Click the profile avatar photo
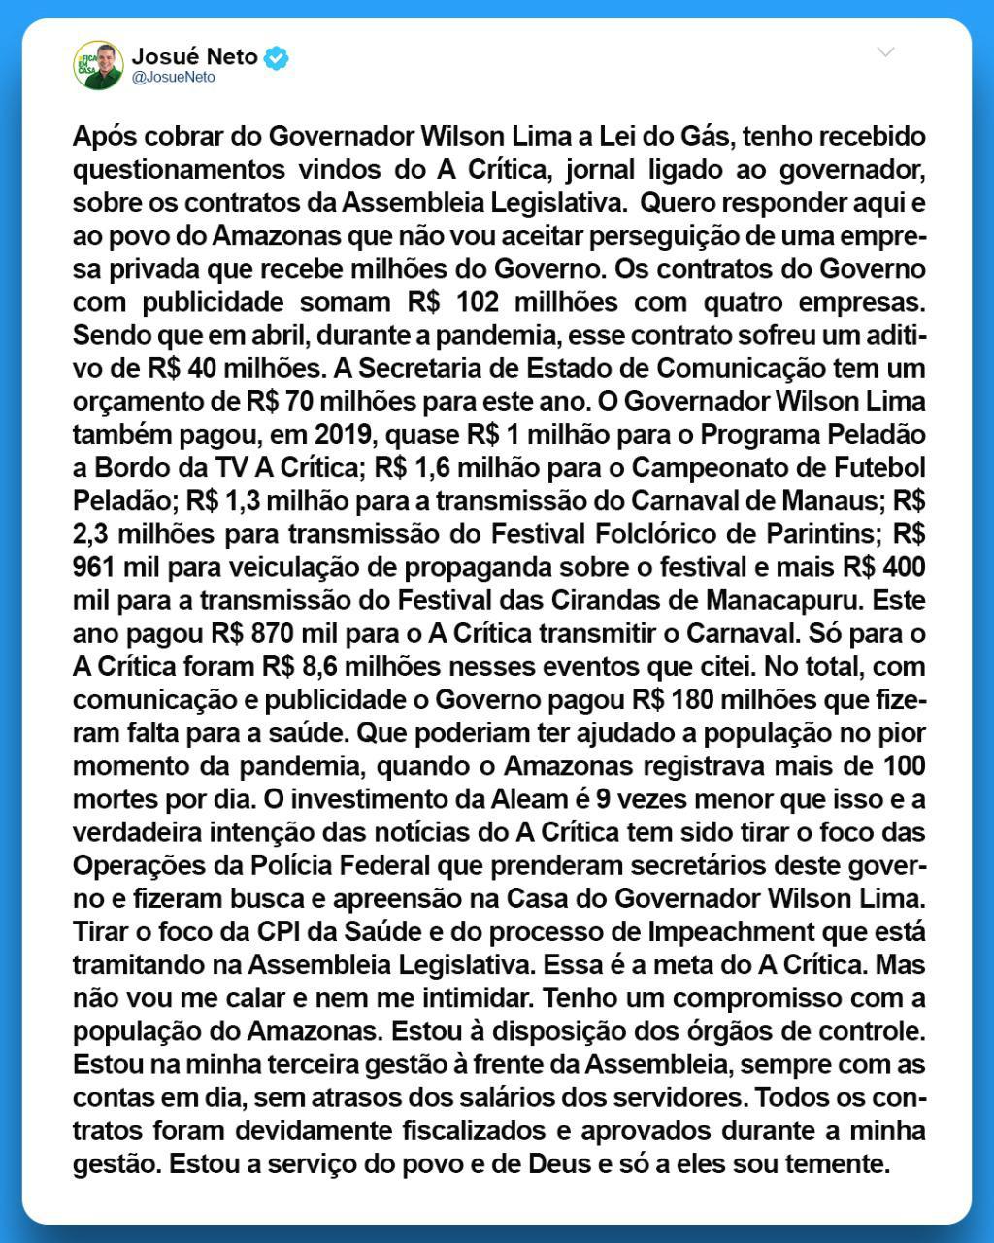coord(98,65)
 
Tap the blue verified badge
coord(277,58)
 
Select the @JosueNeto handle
coord(173,78)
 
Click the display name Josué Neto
coord(194,56)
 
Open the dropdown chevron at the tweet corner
coord(885,52)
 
